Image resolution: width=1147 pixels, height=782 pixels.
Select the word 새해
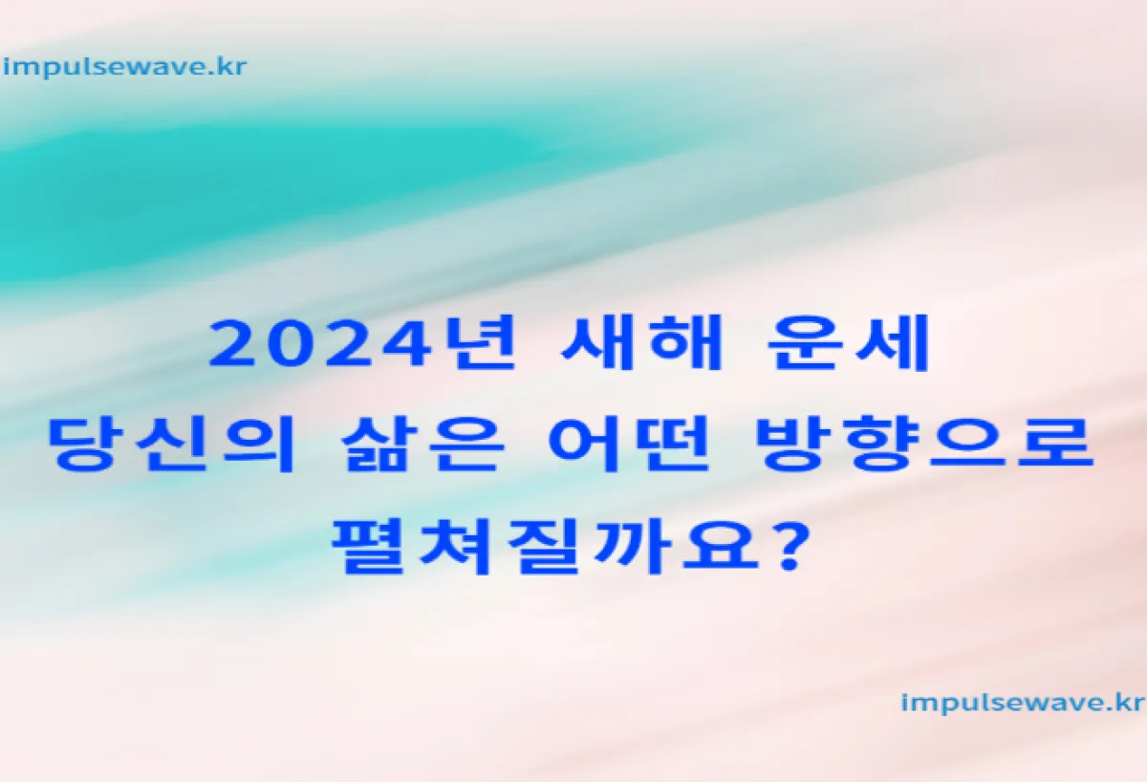pos(641,342)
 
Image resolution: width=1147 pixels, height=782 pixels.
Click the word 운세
pos(848,342)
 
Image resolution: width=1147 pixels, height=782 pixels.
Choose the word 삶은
pos(422,444)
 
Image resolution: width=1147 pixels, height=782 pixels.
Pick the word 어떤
pos(629,444)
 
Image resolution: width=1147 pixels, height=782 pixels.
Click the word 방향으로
pos(927,444)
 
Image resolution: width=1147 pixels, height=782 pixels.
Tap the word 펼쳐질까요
pos(545,546)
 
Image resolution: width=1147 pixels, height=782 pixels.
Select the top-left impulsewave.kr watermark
pos(125,68)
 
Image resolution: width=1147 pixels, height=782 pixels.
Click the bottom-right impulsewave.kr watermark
pos(1022,704)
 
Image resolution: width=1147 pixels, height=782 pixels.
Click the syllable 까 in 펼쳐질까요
pos(634,546)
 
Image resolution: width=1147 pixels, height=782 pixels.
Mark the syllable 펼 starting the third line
pos(370,546)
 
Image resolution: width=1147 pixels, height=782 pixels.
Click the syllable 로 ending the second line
pos(1056,444)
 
